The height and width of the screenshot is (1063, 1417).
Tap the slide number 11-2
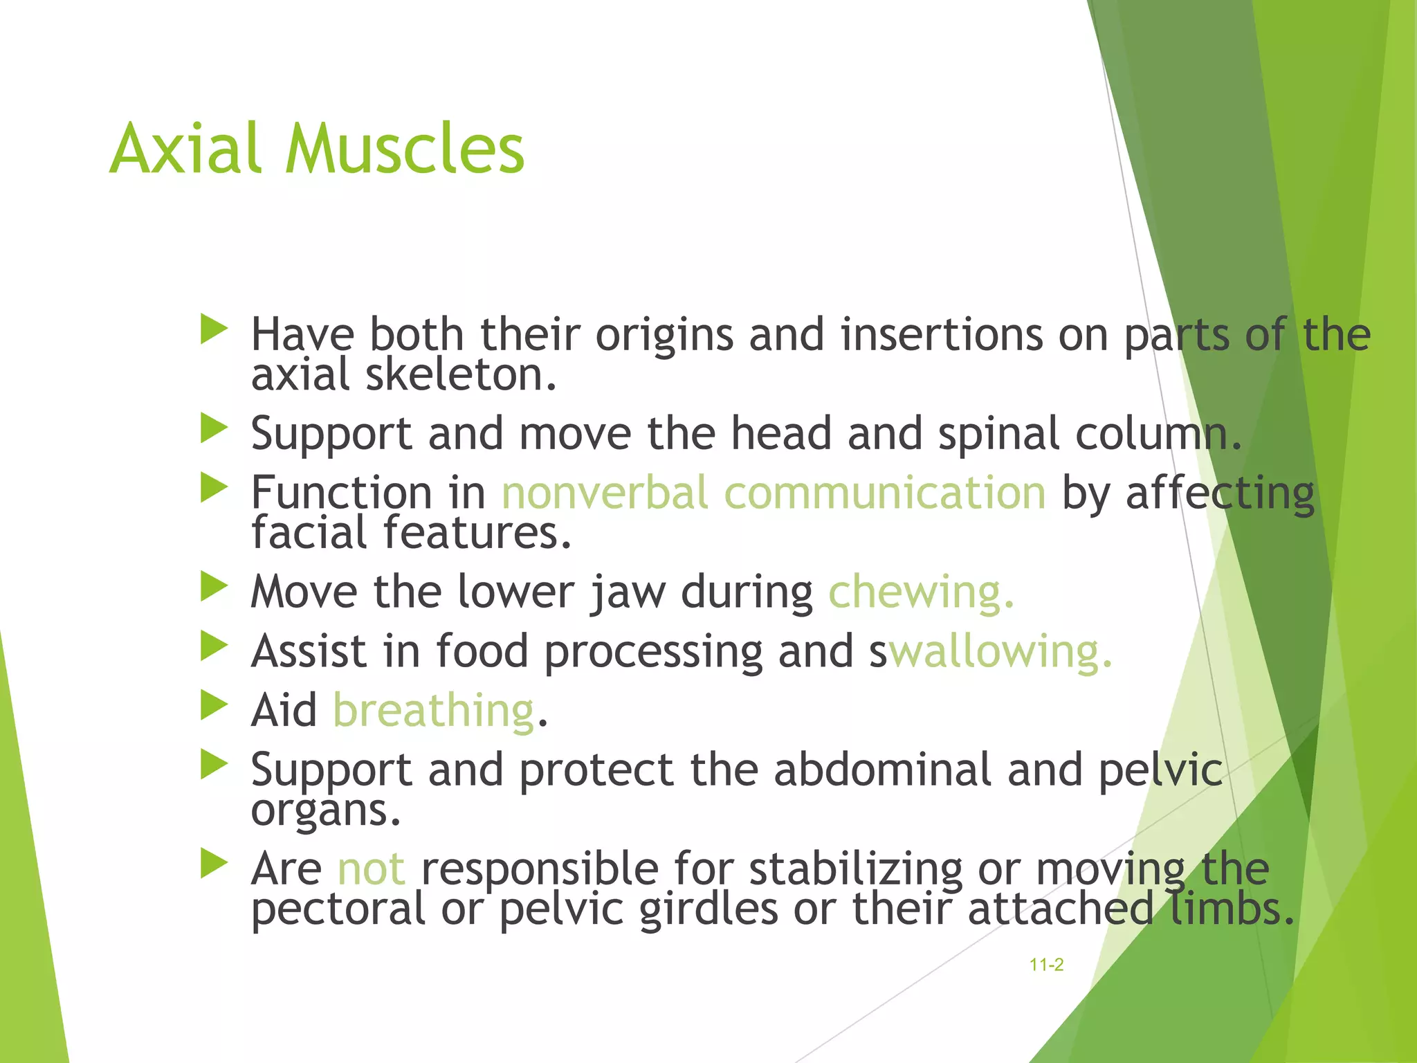click(1046, 965)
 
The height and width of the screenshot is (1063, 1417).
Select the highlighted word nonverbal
click(605, 493)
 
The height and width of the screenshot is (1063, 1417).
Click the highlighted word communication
click(885, 493)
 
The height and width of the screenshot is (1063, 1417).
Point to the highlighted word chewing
click(921, 592)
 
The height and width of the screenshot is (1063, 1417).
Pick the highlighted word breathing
click(434, 711)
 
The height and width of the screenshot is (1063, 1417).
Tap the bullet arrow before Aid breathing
click(214, 706)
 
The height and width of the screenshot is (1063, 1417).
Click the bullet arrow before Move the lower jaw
click(214, 588)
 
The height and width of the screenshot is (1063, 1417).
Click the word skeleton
click(461, 375)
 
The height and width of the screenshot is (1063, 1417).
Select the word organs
click(325, 811)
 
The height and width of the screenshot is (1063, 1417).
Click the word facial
click(309, 533)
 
